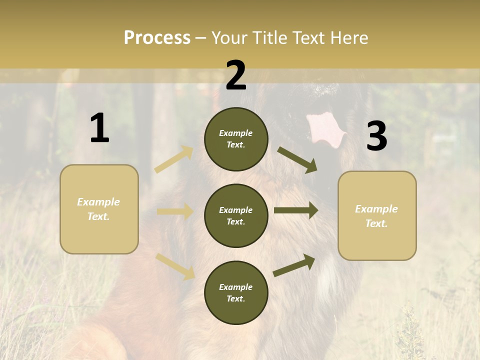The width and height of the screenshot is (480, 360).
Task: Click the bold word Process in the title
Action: (157, 37)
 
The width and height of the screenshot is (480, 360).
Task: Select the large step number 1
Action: (99, 128)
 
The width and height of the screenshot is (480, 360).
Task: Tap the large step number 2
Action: (236, 75)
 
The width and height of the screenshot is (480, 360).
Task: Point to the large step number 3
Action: (376, 136)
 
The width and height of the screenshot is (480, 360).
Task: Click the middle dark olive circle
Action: (236, 216)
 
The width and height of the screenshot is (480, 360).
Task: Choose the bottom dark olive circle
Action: (236, 292)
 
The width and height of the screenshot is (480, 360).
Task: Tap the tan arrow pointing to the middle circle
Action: (175, 211)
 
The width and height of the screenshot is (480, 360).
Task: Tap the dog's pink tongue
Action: (325, 128)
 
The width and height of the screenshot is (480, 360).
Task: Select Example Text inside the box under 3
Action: (376, 216)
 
